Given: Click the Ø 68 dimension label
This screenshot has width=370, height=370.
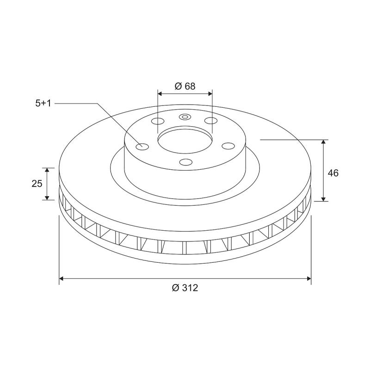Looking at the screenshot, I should click(185, 86).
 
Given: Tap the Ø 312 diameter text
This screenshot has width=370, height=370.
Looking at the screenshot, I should click(185, 288).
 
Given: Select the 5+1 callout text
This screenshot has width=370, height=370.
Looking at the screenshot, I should click(43, 104).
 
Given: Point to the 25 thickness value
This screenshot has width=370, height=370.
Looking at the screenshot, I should click(37, 184).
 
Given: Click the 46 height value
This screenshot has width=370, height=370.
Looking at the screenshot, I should click(333, 173).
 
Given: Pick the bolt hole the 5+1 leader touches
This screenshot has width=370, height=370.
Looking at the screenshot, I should click(142, 147).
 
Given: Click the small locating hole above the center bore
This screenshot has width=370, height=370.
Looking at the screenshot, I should click(185, 117).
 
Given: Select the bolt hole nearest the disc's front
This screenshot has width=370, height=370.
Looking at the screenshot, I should click(185, 162).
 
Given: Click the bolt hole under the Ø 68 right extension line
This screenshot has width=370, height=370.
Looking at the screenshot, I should click(211, 121).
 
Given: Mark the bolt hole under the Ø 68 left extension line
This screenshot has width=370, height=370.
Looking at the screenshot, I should click(158, 122).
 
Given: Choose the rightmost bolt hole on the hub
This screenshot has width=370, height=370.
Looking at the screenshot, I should click(228, 146).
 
